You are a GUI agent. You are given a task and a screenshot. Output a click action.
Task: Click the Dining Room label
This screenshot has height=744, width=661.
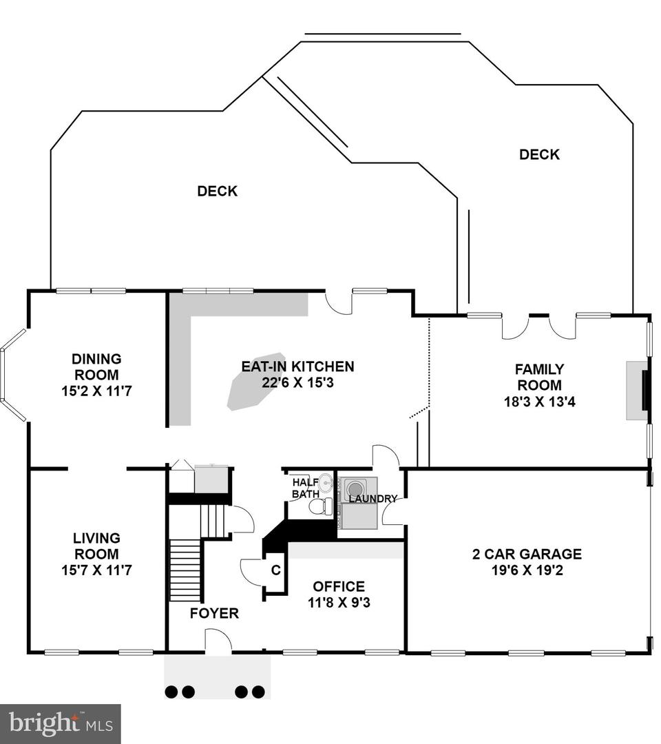tap(96, 366)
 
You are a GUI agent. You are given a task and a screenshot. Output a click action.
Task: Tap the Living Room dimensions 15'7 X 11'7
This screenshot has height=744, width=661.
tap(96, 570)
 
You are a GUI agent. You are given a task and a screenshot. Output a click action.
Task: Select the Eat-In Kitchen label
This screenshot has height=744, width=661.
tap(297, 366)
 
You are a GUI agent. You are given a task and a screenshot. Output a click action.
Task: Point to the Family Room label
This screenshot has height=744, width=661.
tap(540, 377)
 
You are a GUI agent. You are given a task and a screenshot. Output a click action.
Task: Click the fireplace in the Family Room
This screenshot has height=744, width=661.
tap(638, 391)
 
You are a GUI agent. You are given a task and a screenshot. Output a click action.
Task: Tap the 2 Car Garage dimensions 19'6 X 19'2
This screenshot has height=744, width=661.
tap(527, 570)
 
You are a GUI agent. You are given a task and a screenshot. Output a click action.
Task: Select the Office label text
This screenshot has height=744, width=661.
tap(339, 586)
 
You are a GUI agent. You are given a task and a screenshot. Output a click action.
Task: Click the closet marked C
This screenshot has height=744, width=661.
tap(275, 570)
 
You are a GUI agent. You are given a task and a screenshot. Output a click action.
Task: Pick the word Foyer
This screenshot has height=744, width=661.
tap(214, 613)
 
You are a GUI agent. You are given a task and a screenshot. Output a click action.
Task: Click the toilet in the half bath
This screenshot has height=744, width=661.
tap(321, 506)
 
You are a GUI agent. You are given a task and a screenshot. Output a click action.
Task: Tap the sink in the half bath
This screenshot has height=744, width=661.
tap(326, 483)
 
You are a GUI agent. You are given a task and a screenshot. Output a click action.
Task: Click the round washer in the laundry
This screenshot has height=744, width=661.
tap(354, 488)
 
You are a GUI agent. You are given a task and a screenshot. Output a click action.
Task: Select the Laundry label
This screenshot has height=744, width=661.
tap(373, 499)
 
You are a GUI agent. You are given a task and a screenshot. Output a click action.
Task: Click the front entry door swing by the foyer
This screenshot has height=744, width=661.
tap(218, 641)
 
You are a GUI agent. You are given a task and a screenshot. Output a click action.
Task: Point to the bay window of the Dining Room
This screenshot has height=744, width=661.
tap(13, 373)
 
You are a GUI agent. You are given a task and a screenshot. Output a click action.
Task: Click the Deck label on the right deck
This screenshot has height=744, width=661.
tap(539, 154)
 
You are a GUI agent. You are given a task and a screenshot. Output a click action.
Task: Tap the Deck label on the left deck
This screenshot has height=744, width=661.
tap(217, 191)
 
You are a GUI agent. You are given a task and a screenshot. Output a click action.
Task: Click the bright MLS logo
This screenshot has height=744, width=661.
tap(61, 724)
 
